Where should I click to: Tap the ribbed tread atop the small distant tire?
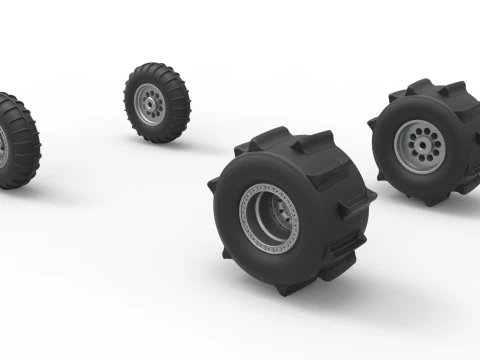tap(158, 67)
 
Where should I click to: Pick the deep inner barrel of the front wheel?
tap(272, 215)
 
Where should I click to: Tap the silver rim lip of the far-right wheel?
tap(399, 160)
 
